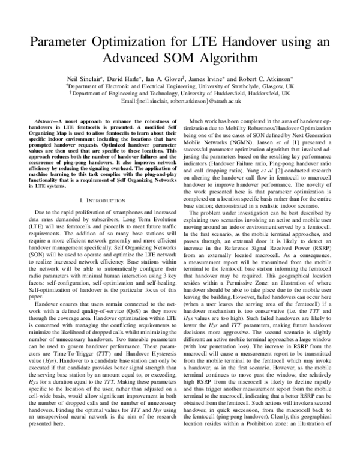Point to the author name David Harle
pos(124,79)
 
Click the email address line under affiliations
pos(179,101)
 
